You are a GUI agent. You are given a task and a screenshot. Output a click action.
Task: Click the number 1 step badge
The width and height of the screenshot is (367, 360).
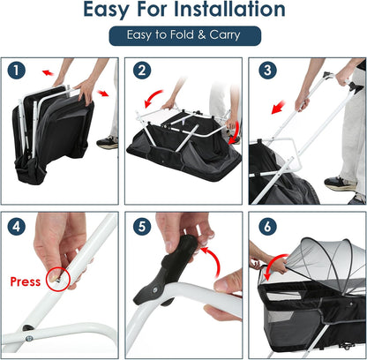[x=17, y=71]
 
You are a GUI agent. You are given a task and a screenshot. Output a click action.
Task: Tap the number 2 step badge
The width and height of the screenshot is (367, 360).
[x=142, y=71]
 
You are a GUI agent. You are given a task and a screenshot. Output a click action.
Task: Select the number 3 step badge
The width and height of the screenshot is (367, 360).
[x=267, y=71]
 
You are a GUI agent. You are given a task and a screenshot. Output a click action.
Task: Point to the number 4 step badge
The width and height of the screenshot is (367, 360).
[x=17, y=227]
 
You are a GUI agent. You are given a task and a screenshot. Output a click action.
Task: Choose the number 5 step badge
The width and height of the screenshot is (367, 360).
[x=142, y=227]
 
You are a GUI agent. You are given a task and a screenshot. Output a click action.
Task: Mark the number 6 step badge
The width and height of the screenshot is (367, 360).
[x=267, y=227]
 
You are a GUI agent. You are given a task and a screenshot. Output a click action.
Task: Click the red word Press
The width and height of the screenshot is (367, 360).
[x=26, y=281]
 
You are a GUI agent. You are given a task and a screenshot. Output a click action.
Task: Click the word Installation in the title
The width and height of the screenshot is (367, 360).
[x=229, y=9]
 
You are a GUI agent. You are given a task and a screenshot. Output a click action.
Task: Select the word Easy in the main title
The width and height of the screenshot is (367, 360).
[x=106, y=11]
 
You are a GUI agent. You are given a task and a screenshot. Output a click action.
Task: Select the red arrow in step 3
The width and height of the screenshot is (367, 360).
[x=278, y=107]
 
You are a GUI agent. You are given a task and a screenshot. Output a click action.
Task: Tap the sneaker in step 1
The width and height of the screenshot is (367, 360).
[x=108, y=143]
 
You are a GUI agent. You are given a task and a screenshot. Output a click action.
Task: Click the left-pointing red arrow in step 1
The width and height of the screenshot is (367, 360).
[x=48, y=72]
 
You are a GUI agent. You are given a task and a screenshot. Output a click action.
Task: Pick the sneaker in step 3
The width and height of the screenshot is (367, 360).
[x=341, y=184]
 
